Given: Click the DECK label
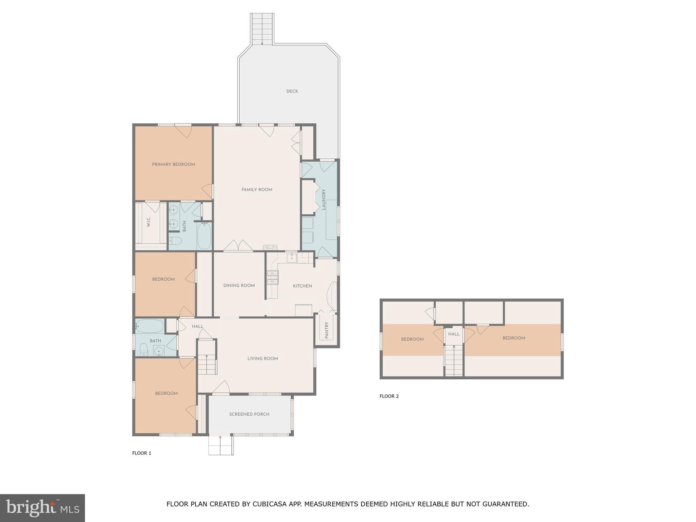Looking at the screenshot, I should (x=292, y=91).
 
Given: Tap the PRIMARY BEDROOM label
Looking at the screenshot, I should (x=173, y=164).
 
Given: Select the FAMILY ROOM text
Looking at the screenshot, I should (x=257, y=190).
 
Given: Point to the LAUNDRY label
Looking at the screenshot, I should (x=324, y=199).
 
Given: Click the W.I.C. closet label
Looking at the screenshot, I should (x=149, y=222).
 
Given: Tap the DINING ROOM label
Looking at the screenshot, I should (x=239, y=285).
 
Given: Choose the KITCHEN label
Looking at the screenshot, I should (x=302, y=286).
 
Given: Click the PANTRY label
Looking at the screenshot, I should (x=327, y=330).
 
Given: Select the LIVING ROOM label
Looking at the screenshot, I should (x=262, y=359).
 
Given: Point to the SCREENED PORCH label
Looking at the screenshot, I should (x=249, y=414).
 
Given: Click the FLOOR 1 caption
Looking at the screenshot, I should (x=141, y=453).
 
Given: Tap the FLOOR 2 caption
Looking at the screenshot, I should (x=389, y=396).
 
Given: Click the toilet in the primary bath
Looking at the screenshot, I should (x=176, y=241).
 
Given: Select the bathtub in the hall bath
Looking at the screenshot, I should (x=150, y=326).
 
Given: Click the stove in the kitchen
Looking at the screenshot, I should (x=272, y=277).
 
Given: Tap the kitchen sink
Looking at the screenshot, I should (x=292, y=258).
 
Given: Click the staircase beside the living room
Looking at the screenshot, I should (x=207, y=363).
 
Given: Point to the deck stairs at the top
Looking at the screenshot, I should (x=262, y=29).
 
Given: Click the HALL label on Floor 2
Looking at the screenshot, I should (x=453, y=334).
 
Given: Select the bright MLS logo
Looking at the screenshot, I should (x=42, y=508).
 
